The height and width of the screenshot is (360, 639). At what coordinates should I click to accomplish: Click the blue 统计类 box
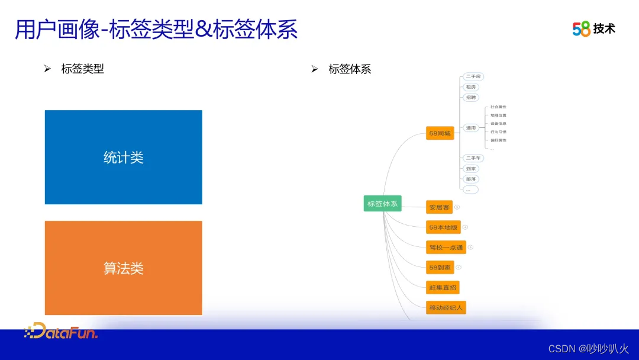pos(123,157)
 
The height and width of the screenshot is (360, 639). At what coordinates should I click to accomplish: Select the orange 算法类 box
pos(123,268)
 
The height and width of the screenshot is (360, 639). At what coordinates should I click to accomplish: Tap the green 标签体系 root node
pos(382,204)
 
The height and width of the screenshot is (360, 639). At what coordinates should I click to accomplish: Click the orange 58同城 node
pos(440,134)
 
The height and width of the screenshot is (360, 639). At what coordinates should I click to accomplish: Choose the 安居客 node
pos(439,207)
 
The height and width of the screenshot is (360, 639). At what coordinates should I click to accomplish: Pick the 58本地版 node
pos(443,227)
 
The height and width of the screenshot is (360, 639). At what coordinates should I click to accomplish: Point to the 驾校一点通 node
pos(446,247)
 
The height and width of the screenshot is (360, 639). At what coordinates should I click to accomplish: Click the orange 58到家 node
pos(440,268)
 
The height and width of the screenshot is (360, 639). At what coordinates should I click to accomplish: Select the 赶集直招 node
pos(443,288)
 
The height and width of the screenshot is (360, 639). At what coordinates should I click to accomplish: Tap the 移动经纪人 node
pos(446,308)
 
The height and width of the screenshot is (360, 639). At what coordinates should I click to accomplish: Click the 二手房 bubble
pos(473,76)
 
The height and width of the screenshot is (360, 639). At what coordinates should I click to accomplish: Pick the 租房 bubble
pos(470,87)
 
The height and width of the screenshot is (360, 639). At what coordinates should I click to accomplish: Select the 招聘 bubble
pos(470,97)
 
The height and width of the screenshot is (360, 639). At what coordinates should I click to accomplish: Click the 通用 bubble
pos(470,127)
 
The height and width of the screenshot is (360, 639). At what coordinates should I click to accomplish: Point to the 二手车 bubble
pos(473,158)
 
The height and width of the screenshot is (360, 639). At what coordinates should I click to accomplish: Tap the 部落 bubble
pos(470,179)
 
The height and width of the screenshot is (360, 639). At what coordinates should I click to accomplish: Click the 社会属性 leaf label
pos(498,107)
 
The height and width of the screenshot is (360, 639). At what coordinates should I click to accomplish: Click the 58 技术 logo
pos(593,28)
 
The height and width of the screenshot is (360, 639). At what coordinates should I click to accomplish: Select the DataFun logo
pos(61,331)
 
